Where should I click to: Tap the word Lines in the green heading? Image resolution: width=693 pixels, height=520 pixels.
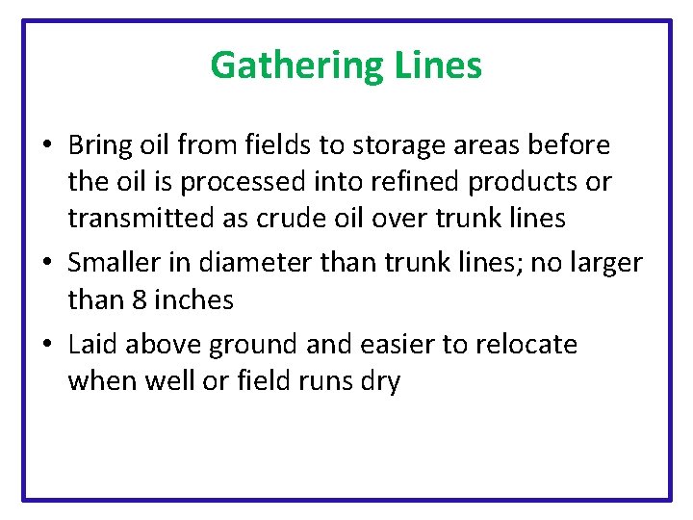pyautogui.click(x=438, y=65)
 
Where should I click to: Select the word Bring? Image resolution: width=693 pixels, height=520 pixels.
pyautogui.click(x=101, y=145)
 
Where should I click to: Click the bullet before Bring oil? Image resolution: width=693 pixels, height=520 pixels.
pyautogui.click(x=47, y=146)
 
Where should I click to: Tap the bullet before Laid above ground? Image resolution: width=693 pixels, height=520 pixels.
pyautogui.click(x=47, y=345)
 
